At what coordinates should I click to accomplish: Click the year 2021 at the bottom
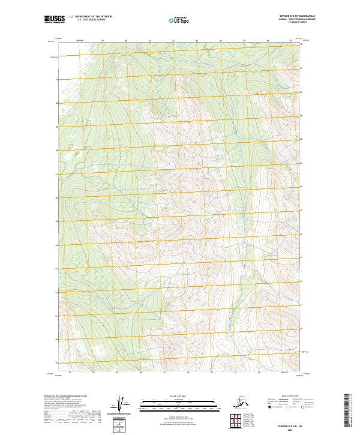coord(292,428)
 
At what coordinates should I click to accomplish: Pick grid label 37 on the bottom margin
coord(71,373)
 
